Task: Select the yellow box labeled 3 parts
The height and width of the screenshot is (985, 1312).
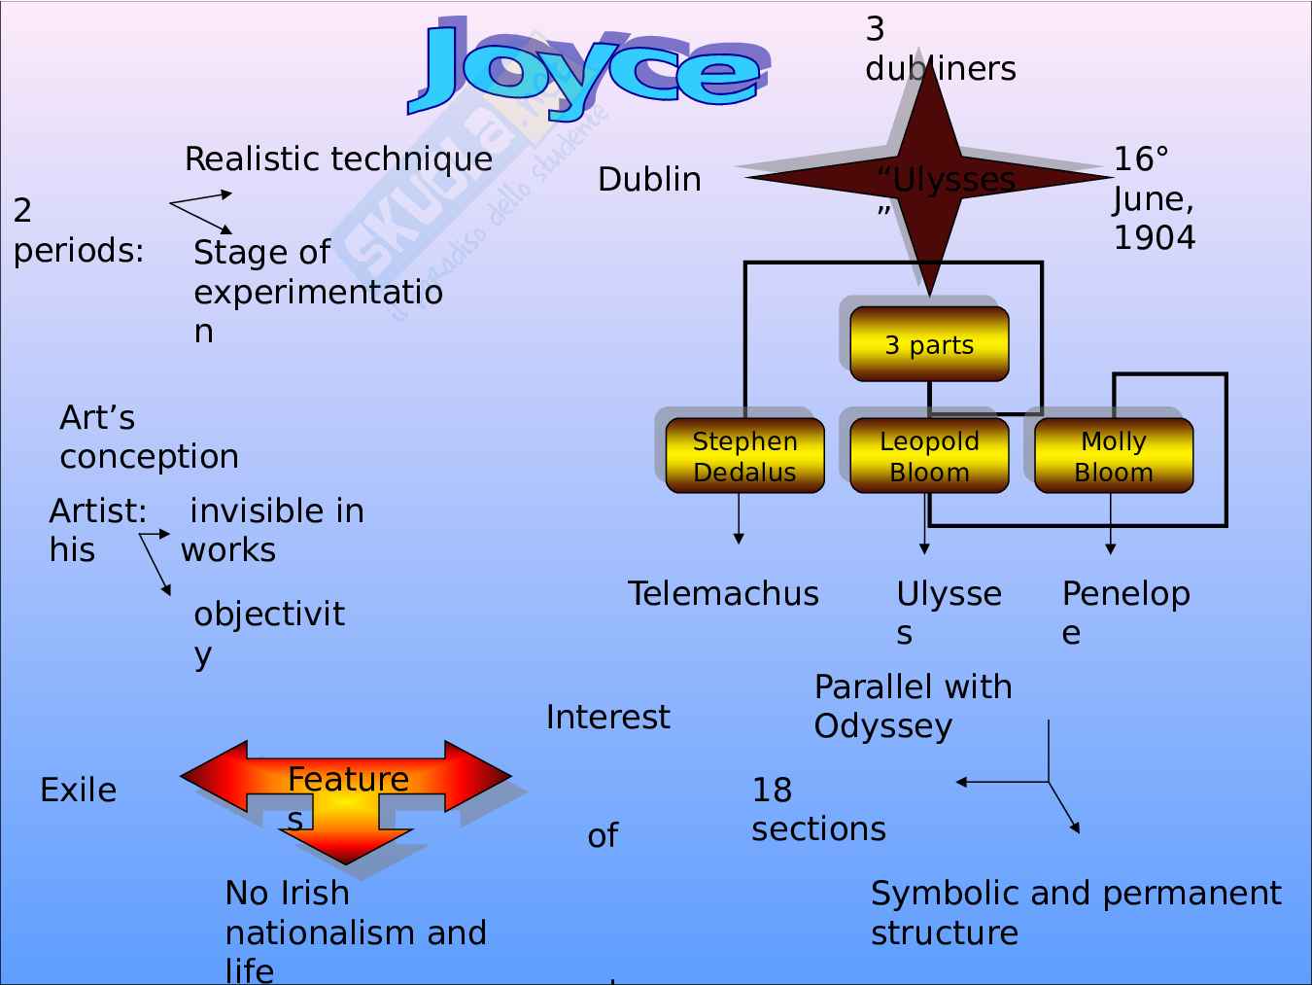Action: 929,344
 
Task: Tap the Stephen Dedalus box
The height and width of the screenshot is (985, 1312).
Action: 744,456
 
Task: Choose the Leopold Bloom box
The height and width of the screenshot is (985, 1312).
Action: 929,456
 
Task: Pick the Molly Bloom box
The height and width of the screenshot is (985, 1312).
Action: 1113,456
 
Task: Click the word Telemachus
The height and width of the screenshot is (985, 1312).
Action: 723,593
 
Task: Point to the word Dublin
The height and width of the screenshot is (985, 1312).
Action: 649,179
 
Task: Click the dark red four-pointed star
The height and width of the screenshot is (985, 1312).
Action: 929,179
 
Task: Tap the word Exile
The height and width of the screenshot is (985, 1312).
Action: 78,790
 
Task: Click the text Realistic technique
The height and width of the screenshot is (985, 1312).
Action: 338,158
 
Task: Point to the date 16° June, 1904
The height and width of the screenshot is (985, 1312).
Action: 1154,198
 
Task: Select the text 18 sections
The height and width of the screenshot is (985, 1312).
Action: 818,809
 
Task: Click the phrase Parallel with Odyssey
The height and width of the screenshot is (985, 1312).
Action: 913,706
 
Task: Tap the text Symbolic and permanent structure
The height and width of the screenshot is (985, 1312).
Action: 1075,912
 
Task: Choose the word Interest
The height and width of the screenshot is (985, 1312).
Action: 607,717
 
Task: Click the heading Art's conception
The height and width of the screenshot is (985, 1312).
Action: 149,437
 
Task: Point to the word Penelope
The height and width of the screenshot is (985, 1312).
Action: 1125,612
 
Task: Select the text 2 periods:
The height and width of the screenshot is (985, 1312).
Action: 78,230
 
